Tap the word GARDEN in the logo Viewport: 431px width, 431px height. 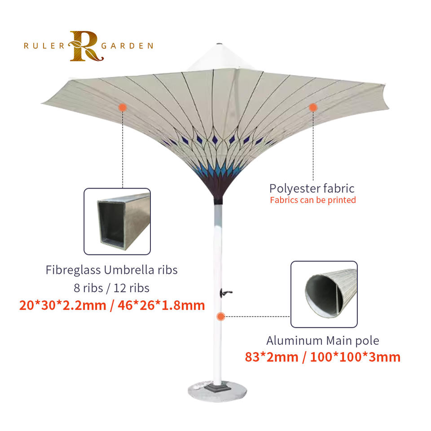click(128, 45)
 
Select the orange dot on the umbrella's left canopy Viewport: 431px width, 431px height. click(122, 107)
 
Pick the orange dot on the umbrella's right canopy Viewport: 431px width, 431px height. click(313, 107)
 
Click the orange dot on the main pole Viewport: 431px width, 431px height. click(220, 317)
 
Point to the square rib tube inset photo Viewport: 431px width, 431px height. click(117, 221)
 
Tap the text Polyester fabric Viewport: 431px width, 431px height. click(312, 188)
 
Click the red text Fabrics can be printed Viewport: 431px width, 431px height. click(313, 200)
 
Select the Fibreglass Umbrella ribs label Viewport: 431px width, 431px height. click(112, 270)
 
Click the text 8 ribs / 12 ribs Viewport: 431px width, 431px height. click(112, 287)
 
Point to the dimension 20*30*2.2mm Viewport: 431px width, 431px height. click(62, 305)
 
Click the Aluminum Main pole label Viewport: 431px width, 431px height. click(323, 340)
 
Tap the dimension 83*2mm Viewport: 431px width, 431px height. click(272, 357)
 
